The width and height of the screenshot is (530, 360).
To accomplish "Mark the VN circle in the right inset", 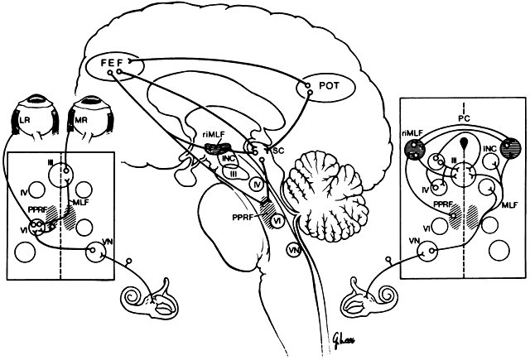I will pos(426,250).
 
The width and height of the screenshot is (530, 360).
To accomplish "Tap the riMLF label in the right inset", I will pos(414,132).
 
